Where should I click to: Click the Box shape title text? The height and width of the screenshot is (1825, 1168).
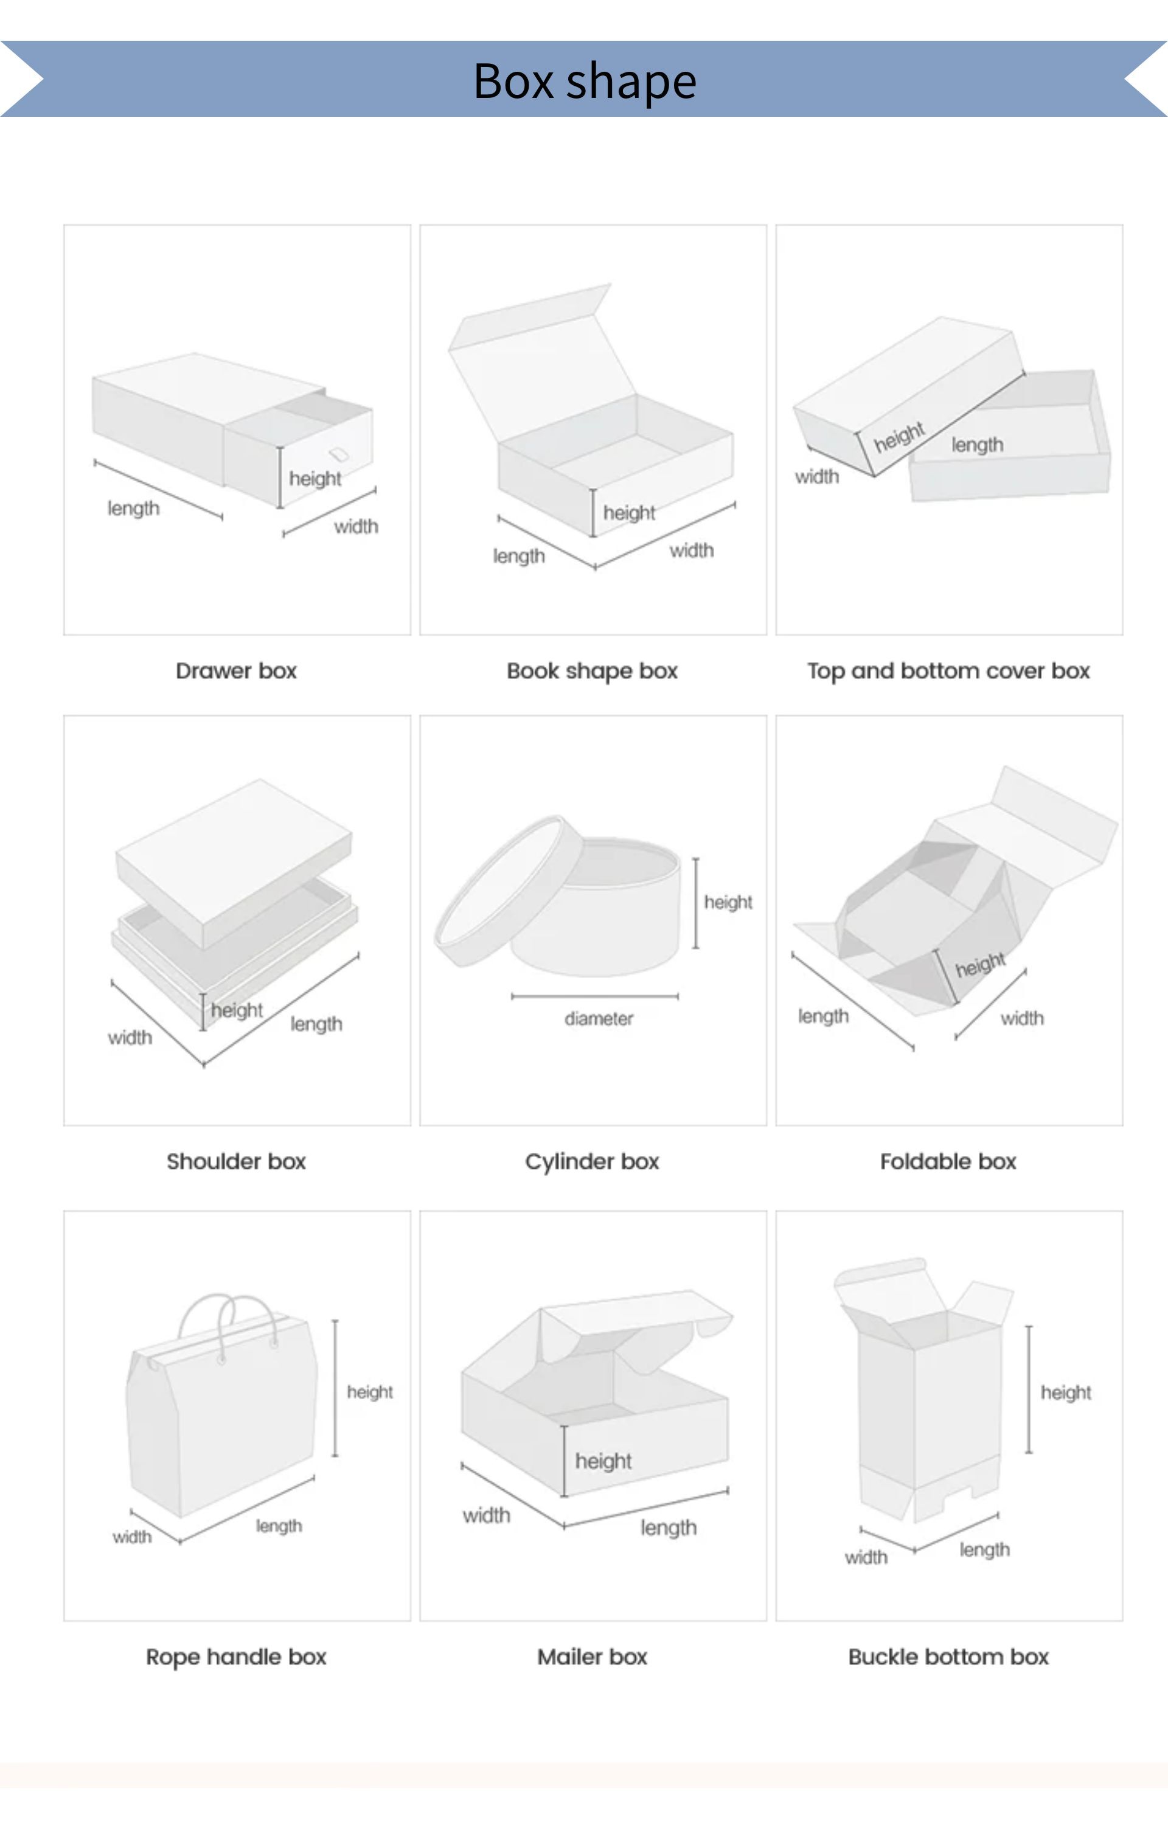click(x=585, y=80)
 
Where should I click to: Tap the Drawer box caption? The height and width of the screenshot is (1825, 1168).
click(x=236, y=671)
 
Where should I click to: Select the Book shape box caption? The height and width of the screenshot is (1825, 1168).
click(x=591, y=671)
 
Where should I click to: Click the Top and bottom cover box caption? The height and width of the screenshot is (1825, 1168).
click(x=948, y=671)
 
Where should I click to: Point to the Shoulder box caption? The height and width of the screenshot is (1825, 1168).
click(x=236, y=1161)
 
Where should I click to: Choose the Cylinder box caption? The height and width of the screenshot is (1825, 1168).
click(x=591, y=1161)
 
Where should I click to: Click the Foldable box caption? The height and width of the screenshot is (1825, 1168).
click(x=948, y=1161)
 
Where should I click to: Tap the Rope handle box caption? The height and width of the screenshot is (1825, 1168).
click(x=236, y=1656)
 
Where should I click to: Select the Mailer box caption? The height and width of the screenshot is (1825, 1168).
click(x=591, y=1656)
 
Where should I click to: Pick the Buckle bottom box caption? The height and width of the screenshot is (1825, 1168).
click(x=948, y=1656)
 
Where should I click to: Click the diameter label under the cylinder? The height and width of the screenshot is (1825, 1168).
click(x=599, y=1018)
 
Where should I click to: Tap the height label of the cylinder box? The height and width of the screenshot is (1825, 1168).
click(x=728, y=902)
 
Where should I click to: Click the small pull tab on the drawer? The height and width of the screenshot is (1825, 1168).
click(x=338, y=454)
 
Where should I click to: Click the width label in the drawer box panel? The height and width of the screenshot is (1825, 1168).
click(x=356, y=526)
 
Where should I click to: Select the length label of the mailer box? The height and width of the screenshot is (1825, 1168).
click(x=668, y=1527)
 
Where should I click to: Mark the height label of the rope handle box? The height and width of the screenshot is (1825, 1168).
click(x=370, y=1391)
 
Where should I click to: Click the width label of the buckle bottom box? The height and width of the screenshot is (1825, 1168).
click(x=866, y=1557)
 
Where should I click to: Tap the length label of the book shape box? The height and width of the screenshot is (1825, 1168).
click(x=519, y=556)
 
